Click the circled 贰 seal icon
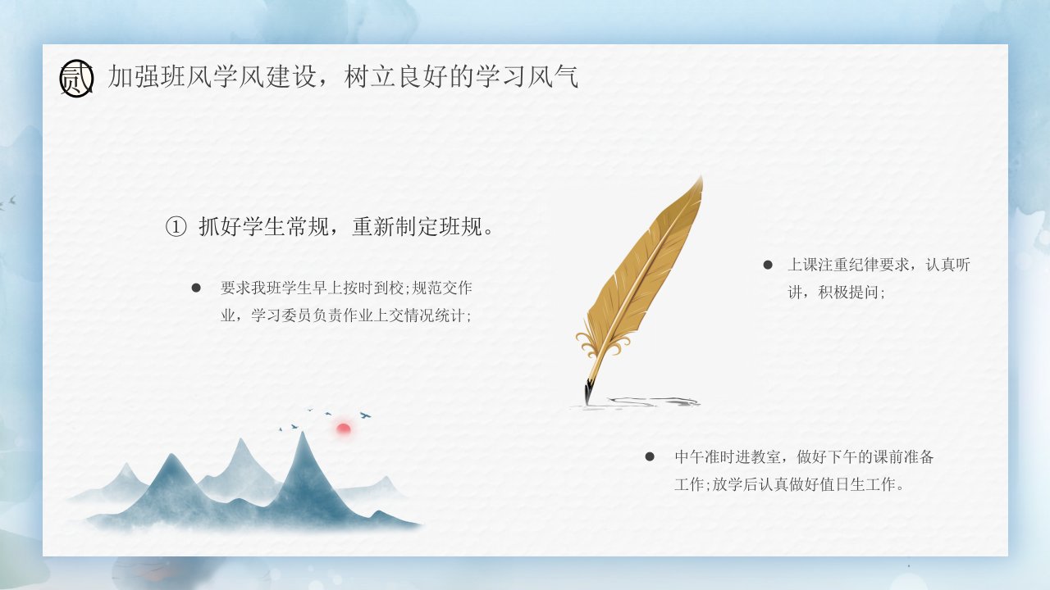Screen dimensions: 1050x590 tap(76, 78)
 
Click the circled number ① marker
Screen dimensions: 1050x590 tap(176, 227)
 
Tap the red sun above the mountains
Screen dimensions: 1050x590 tap(344, 428)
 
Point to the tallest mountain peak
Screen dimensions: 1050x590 tap(303, 433)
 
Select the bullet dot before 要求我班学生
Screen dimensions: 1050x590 tap(196, 288)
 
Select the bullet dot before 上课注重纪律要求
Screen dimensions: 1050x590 tap(768, 265)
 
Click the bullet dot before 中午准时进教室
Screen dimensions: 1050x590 tap(650, 456)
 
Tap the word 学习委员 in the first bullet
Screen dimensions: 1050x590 tap(281, 315)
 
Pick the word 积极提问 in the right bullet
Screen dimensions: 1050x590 tap(848, 293)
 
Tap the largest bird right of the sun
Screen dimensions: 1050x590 tap(365, 415)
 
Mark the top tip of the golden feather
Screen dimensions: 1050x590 tap(701, 177)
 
